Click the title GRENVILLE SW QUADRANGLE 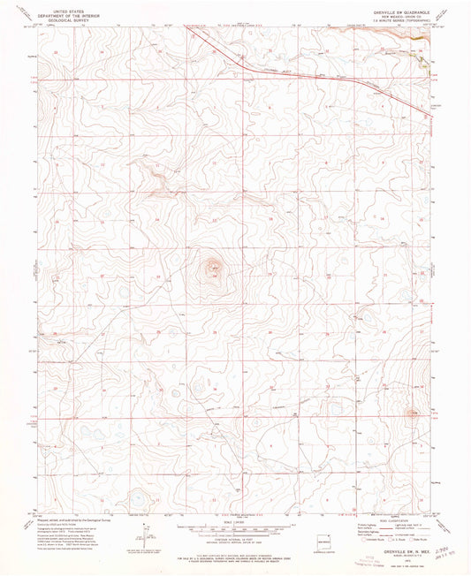(x=395, y=7)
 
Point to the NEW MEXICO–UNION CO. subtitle (x=395, y=12)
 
